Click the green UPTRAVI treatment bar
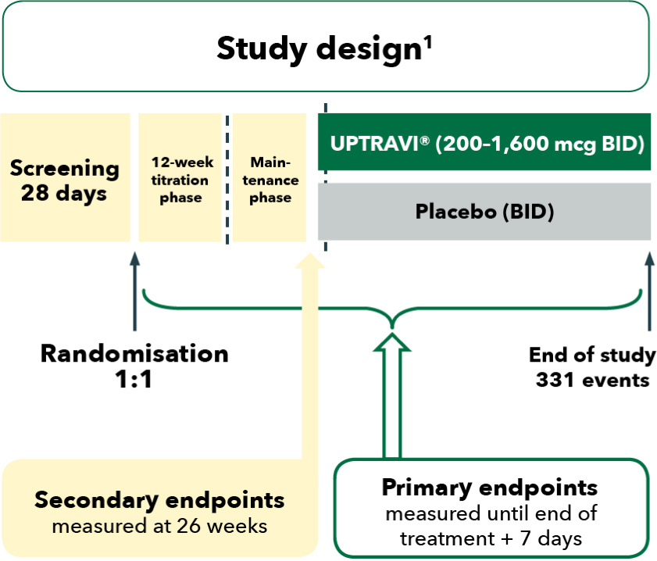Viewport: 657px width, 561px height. tap(484, 142)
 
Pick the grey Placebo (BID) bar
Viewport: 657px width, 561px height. tap(484, 211)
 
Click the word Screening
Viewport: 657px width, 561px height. tap(65, 168)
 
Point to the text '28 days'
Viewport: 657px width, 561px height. tap(64, 193)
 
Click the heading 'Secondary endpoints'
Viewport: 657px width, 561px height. tap(159, 500)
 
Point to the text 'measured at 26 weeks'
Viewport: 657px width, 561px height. tap(159, 526)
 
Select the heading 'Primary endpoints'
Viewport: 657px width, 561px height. tap(489, 488)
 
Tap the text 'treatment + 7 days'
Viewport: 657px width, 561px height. tap(491, 539)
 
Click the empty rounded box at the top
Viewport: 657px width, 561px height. tap(325, 45)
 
